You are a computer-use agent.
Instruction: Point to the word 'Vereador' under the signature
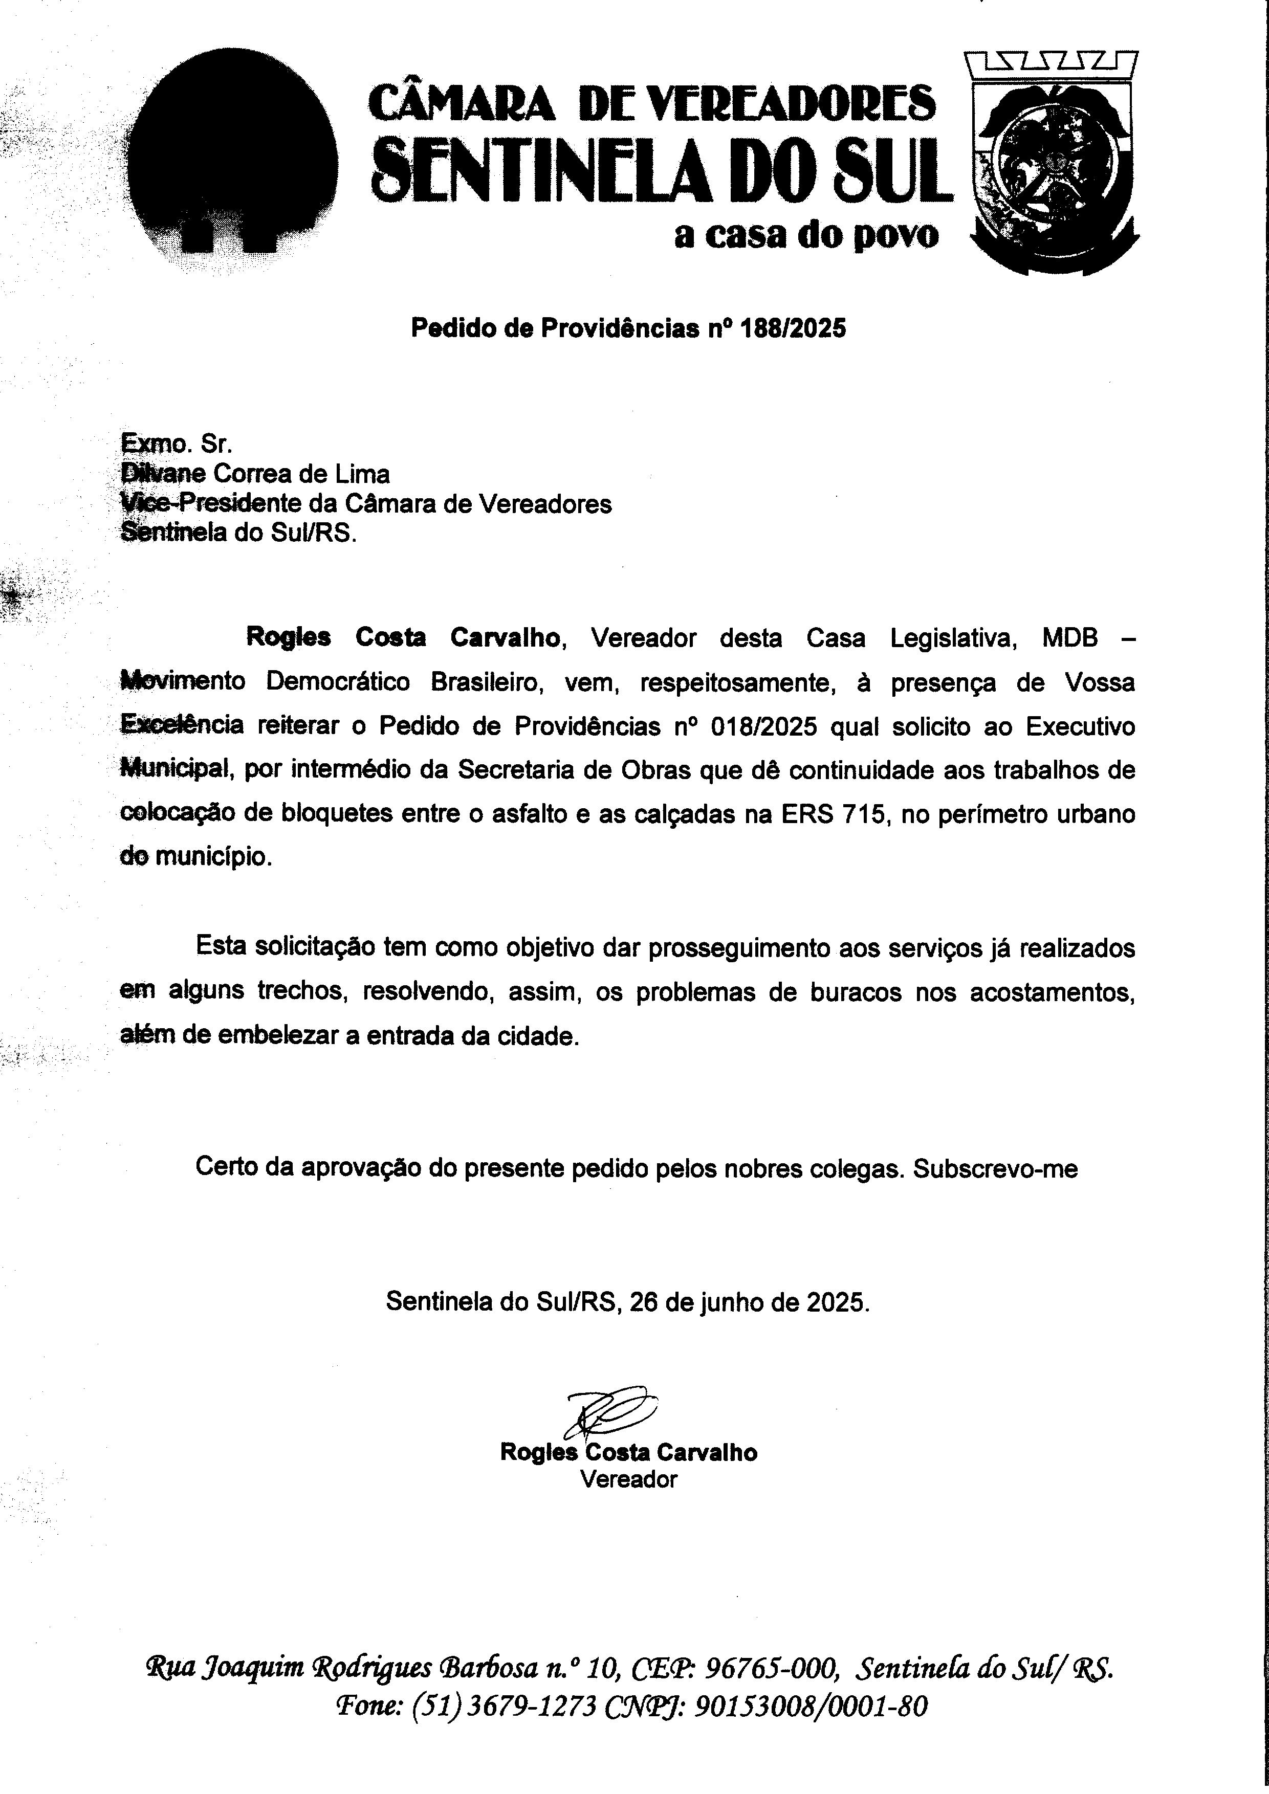pos(628,1479)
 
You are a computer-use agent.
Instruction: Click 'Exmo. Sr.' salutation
pos(177,444)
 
